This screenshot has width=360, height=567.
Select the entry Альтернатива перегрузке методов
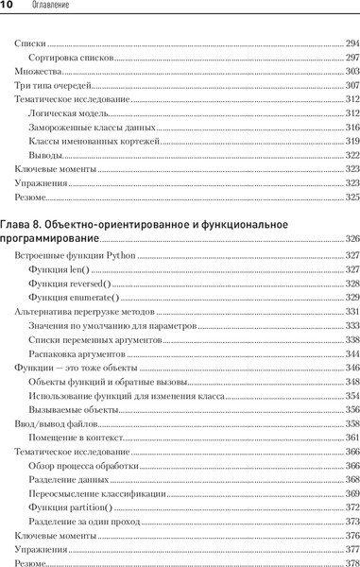point(84,311)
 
